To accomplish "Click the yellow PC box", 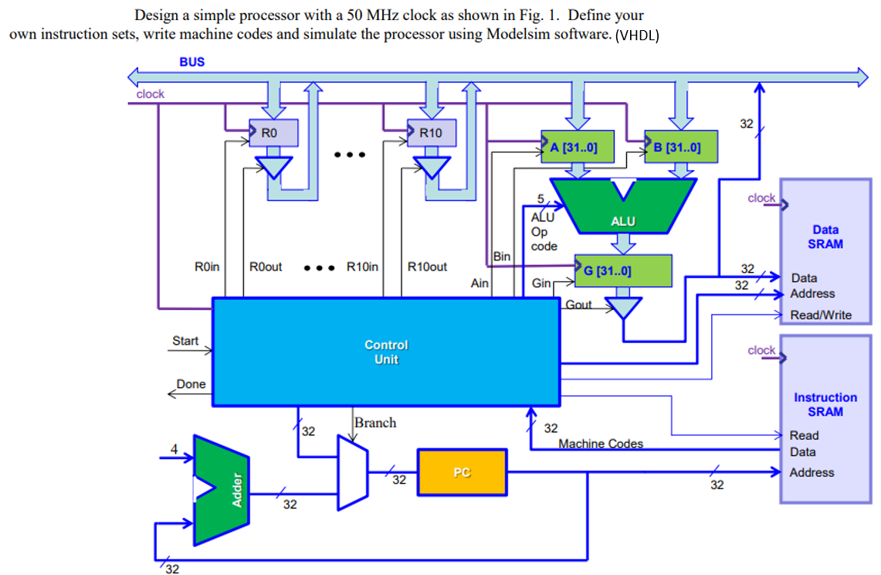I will (462, 472).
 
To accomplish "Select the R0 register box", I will (273, 133).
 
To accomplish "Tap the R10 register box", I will (431, 133).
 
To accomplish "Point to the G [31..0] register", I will (622, 270).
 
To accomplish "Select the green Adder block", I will (222, 489).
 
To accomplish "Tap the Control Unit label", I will (386, 352).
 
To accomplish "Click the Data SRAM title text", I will (825, 236).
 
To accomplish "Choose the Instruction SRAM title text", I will (825, 404).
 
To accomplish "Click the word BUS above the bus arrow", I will (192, 62).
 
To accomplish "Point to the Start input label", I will (185, 341).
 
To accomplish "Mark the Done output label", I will (191, 384).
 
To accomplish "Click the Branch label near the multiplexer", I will (375, 423).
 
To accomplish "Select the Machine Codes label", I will (601, 444).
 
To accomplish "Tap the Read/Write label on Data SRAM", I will (821, 315).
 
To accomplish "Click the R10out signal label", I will (427, 267).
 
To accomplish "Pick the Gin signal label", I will (541, 284).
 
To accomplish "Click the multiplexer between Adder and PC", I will (352, 471).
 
